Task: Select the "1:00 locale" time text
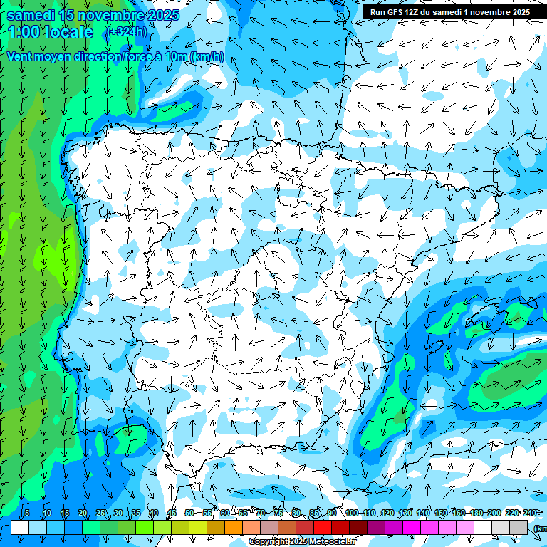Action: pos(51,32)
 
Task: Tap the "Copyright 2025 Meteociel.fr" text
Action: pos(303,542)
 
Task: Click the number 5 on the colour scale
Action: pos(27,514)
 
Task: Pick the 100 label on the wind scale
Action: pos(351,514)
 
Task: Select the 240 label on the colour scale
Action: pos(529,514)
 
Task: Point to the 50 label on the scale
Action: pos(189,514)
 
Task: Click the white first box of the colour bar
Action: pos(20,528)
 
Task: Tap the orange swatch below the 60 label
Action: pos(234,528)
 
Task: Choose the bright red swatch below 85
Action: pos(323,528)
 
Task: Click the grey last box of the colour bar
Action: pos(519,528)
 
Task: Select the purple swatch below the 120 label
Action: pos(394,528)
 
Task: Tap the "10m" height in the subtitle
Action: pos(175,57)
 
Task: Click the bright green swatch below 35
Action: pos(145,528)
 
